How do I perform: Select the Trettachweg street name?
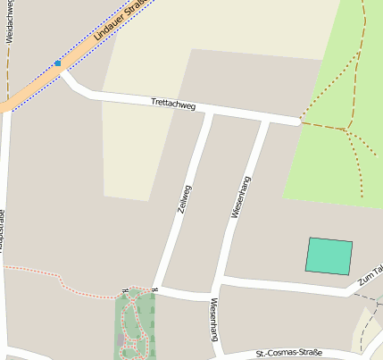coord(173,105)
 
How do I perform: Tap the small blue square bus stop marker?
coord(57,63)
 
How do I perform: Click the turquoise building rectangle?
coord(329,255)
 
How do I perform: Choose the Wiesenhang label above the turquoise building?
coord(238,197)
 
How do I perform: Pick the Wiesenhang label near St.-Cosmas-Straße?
coord(214,322)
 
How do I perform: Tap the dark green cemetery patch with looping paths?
coord(134,326)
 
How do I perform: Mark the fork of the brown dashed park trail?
coord(345,130)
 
